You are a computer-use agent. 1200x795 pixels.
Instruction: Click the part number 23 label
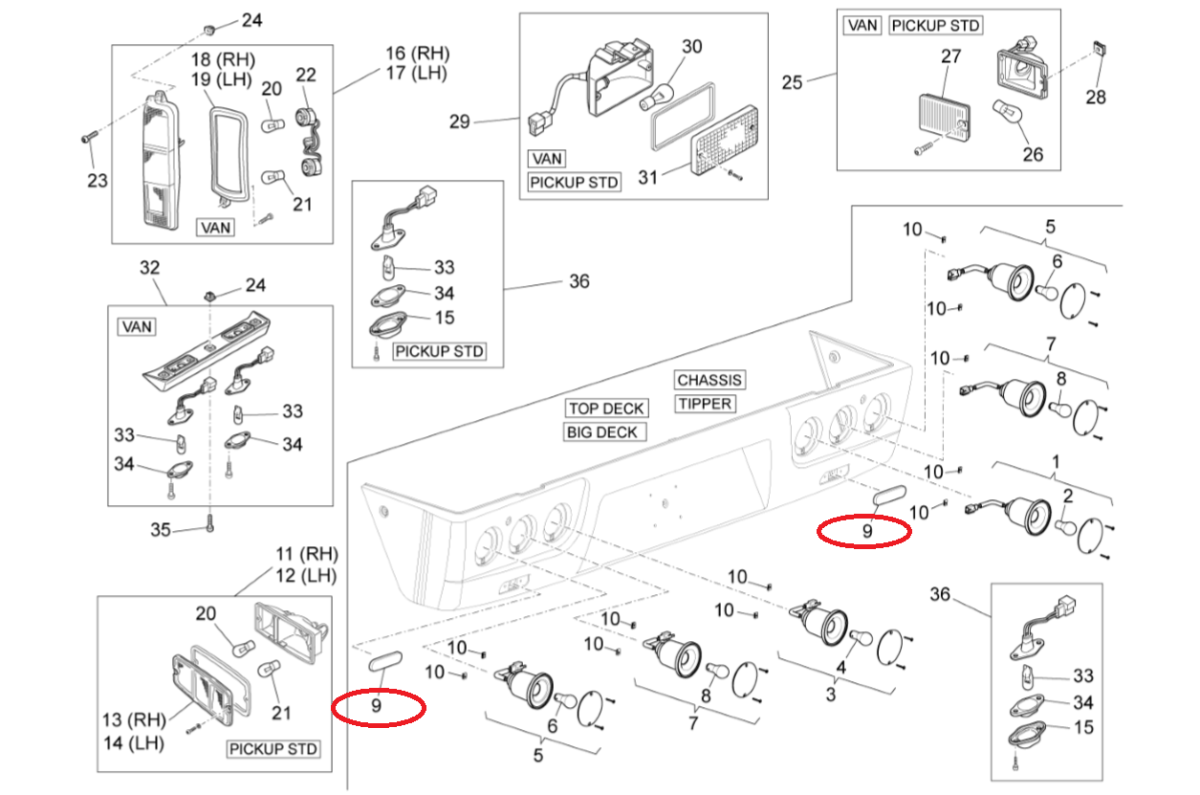click(x=98, y=181)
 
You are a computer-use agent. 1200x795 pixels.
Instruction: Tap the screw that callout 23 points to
click(x=89, y=137)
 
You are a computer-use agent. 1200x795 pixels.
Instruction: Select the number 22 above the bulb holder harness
click(x=306, y=75)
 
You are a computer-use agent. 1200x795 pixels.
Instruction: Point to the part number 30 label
click(x=691, y=47)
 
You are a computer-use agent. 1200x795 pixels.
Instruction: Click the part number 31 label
click(x=647, y=177)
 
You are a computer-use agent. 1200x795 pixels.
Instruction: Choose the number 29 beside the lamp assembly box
click(x=460, y=121)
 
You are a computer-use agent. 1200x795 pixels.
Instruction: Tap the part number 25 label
click(x=792, y=82)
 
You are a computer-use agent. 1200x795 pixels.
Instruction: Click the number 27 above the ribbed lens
click(x=950, y=56)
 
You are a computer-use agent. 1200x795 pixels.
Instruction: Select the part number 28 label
click(x=1096, y=97)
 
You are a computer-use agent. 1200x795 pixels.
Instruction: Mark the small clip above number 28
click(x=1098, y=50)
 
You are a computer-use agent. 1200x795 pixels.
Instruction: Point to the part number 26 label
click(x=1033, y=154)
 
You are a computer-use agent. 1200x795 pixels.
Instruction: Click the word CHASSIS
click(x=709, y=380)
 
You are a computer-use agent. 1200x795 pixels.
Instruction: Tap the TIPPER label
click(x=705, y=404)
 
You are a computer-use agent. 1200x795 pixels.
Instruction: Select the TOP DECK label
click(x=606, y=409)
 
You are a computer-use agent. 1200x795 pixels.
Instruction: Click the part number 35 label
click(x=161, y=530)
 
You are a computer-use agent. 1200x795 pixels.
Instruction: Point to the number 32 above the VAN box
click(x=149, y=268)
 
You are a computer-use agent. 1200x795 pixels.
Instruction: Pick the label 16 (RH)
click(x=418, y=54)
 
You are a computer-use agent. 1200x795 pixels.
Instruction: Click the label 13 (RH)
click(x=135, y=719)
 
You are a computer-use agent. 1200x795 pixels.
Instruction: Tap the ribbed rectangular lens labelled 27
click(x=944, y=119)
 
